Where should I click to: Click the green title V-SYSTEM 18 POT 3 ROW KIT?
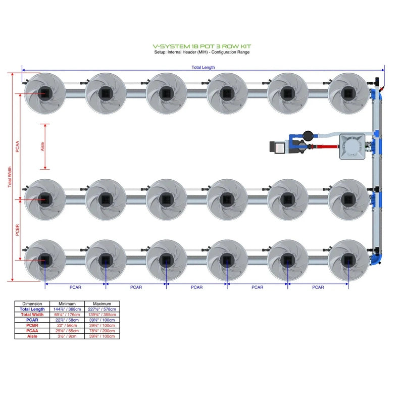[201, 46]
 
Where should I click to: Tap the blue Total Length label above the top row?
[203, 67]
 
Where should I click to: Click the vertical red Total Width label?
[9, 178]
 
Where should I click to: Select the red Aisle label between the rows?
[43, 146]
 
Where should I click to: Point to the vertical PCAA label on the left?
[17, 146]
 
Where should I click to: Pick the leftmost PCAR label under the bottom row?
[75, 287]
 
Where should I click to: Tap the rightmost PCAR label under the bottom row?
[318, 287]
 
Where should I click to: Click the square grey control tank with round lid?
[352, 147]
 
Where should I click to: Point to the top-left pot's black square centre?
[45, 93]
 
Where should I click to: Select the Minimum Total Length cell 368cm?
[67, 309]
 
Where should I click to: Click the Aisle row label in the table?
[32, 336]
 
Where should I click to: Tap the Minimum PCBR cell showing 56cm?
[67, 325]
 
